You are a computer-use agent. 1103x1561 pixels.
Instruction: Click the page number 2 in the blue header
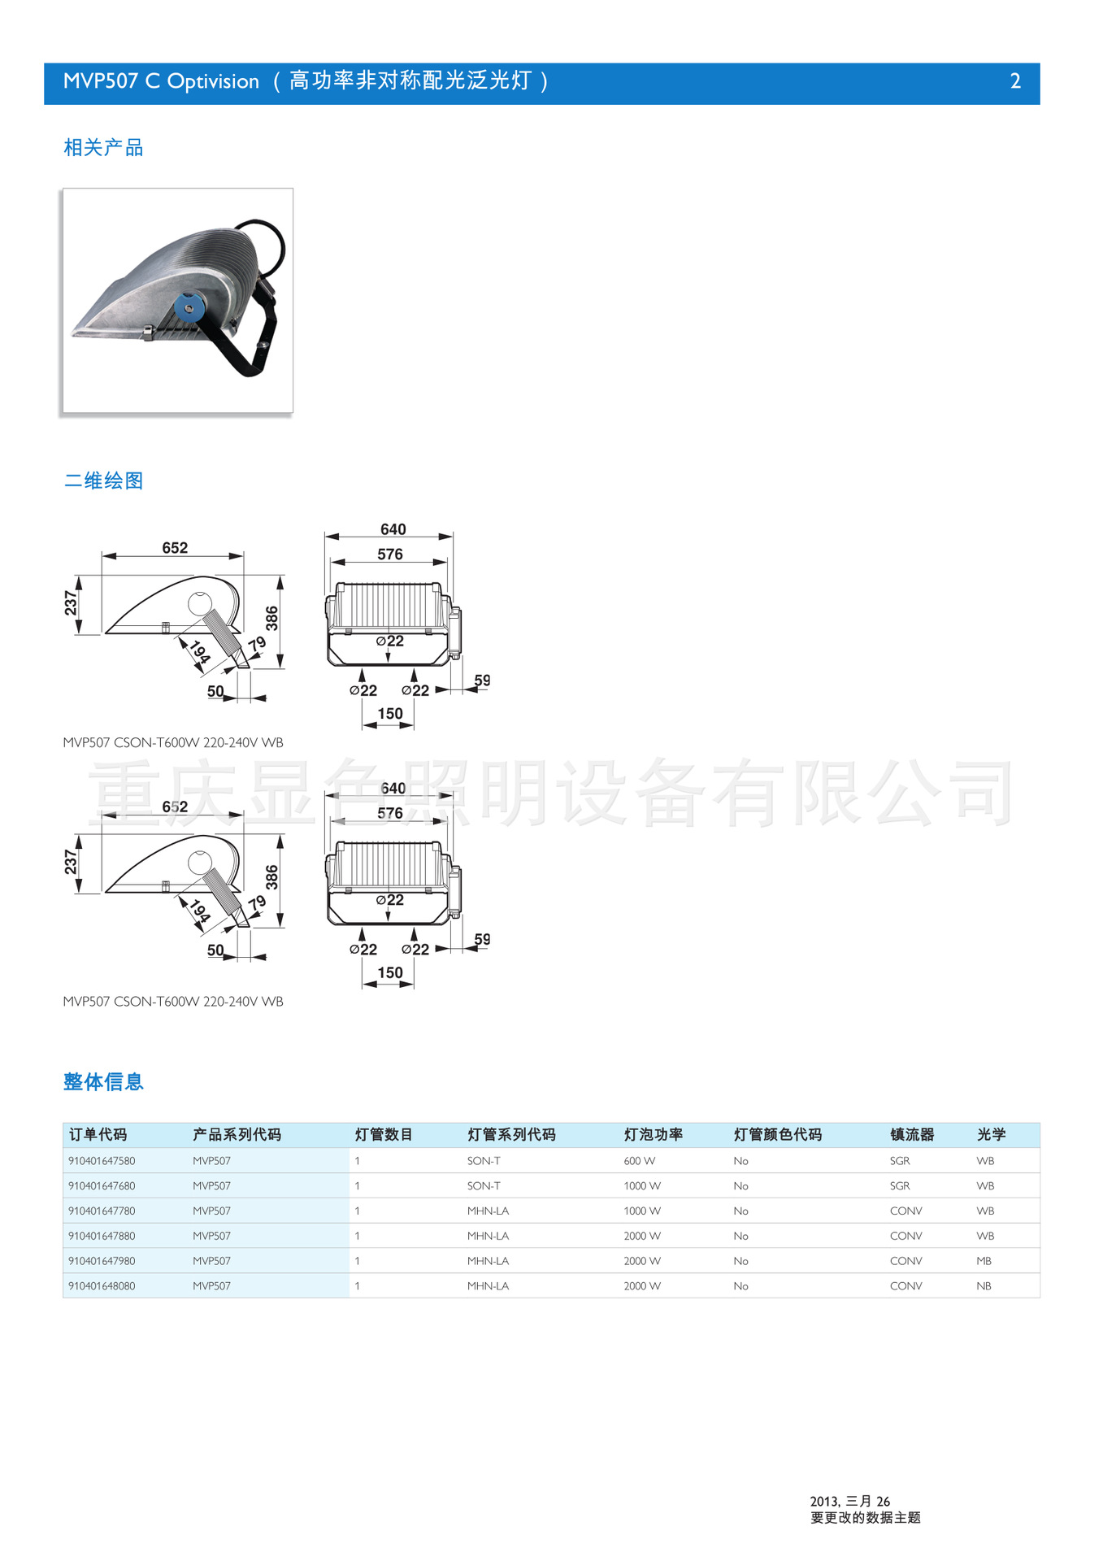click(1014, 81)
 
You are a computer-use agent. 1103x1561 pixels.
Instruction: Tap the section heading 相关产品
click(103, 148)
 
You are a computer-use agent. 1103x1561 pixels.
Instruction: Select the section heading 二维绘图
click(103, 480)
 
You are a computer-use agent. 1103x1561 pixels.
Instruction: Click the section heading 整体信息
click(103, 1081)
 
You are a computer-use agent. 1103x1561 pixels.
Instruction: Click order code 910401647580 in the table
click(102, 1161)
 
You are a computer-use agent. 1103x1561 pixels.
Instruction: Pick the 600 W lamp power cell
click(639, 1161)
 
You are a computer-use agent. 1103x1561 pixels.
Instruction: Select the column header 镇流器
click(911, 1135)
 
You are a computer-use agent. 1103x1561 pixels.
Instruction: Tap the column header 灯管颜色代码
click(777, 1135)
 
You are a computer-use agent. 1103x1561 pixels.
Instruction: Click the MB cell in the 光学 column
click(984, 1261)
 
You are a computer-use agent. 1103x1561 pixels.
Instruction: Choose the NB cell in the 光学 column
click(984, 1286)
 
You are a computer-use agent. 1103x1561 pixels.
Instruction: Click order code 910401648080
click(102, 1286)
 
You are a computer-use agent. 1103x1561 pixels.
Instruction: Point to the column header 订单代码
click(98, 1135)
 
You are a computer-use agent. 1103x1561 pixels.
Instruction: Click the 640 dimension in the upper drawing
click(393, 529)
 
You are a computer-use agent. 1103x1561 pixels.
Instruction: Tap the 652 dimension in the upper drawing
click(175, 548)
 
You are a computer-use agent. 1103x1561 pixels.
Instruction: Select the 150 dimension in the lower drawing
click(390, 972)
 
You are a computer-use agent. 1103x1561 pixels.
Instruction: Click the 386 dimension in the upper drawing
click(271, 618)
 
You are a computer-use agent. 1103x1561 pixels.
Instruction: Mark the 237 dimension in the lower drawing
click(72, 862)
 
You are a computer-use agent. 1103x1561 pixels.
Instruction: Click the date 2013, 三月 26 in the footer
click(849, 1502)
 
